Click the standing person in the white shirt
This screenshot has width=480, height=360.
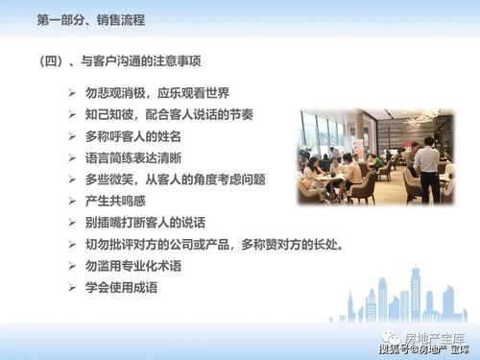(x=426, y=169)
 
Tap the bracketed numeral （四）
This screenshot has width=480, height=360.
(x=50, y=60)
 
